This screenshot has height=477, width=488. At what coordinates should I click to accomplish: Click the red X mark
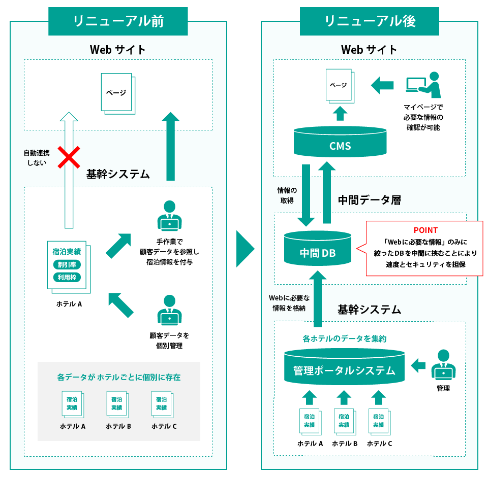(69, 157)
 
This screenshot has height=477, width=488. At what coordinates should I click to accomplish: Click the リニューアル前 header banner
(118, 21)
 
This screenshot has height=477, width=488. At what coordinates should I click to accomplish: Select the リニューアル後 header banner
(370, 21)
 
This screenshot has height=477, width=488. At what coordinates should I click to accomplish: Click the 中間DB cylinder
(318, 249)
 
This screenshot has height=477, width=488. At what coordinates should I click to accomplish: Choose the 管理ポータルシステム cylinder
(344, 367)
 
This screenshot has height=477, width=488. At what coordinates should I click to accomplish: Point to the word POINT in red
(425, 230)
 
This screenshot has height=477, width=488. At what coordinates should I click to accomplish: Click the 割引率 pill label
(67, 264)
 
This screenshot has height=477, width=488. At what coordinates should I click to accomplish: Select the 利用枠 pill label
(67, 277)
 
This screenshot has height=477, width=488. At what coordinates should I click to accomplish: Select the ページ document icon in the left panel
(117, 93)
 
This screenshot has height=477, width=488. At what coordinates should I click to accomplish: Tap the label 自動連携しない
(36, 157)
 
